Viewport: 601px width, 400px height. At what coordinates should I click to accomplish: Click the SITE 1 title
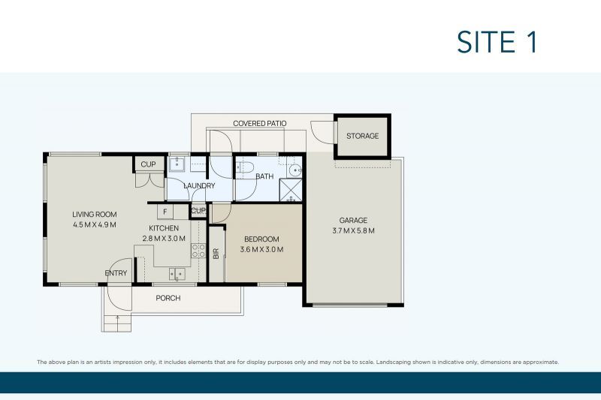point(497,42)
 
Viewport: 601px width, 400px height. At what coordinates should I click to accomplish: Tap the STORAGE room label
point(362,136)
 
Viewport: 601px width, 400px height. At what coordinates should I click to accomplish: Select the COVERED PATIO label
point(259,123)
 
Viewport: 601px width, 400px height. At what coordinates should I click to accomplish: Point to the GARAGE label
point(353,220)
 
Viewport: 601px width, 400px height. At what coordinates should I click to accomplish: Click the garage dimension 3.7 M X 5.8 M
point(353,230)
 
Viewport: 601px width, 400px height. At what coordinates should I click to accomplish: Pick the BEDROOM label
point(261,239)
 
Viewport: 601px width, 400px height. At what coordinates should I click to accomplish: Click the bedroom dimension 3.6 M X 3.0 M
point(261,250)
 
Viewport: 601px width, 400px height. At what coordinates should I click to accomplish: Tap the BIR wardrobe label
point(216,254)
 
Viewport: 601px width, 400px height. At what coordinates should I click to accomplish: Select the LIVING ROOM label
point(95,215)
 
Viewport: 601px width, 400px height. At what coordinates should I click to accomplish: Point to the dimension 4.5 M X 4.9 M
point(95,224)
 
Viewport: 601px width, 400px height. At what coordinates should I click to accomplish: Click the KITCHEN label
point(164,228)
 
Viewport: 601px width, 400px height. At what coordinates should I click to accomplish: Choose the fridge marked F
point(165,212)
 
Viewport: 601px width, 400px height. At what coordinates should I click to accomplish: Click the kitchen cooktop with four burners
point(198,251)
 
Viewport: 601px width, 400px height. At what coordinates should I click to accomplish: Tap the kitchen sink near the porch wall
point(177,274)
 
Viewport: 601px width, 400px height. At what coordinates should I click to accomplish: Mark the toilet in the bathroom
point(245,167)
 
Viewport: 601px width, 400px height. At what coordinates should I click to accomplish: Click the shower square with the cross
point(291,190)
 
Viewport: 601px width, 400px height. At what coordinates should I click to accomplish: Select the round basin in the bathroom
point(294,170)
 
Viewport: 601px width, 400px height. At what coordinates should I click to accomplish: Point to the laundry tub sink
point(177,164)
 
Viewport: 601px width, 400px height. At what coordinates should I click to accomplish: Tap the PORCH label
point(168,298)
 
